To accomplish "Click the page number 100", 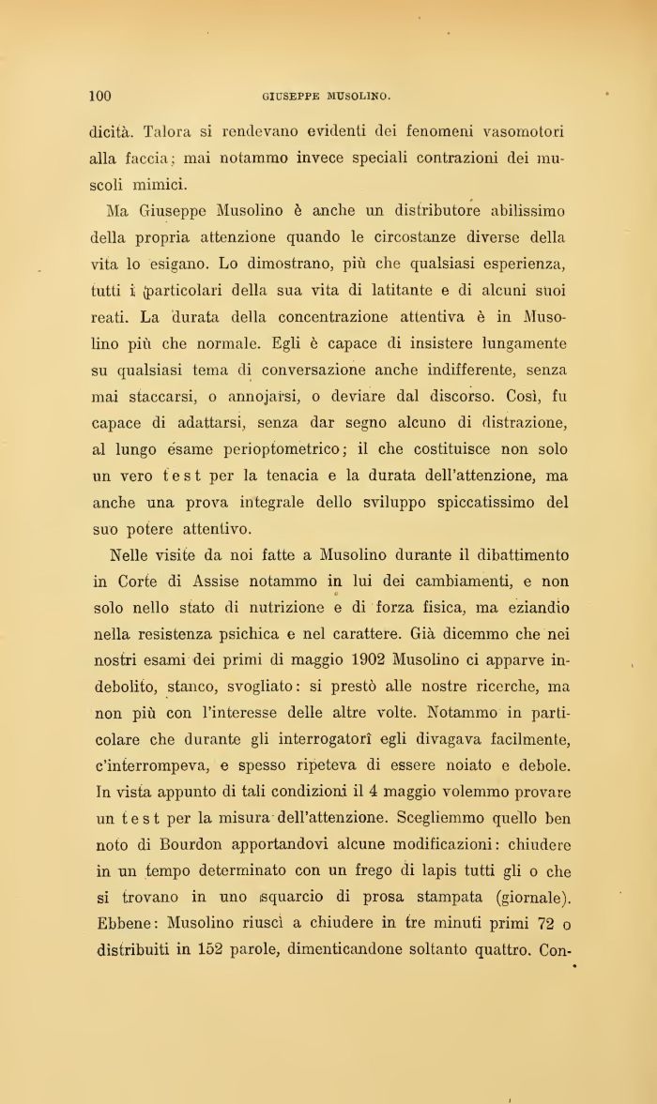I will click(100, 95).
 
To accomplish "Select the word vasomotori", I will click(517, 132).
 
